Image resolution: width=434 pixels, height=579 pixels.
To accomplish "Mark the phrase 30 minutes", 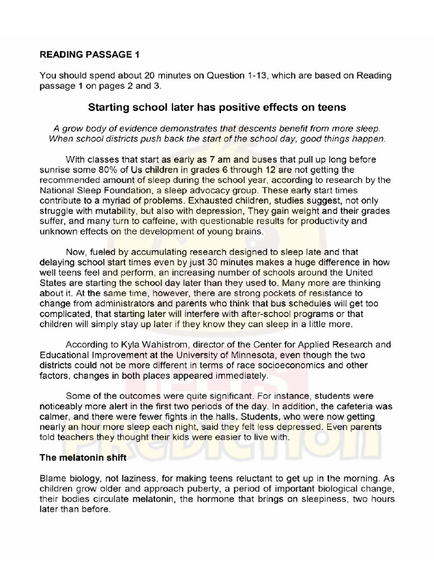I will pos(223,261).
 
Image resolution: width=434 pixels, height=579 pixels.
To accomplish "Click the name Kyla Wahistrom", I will pos(149,344).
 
